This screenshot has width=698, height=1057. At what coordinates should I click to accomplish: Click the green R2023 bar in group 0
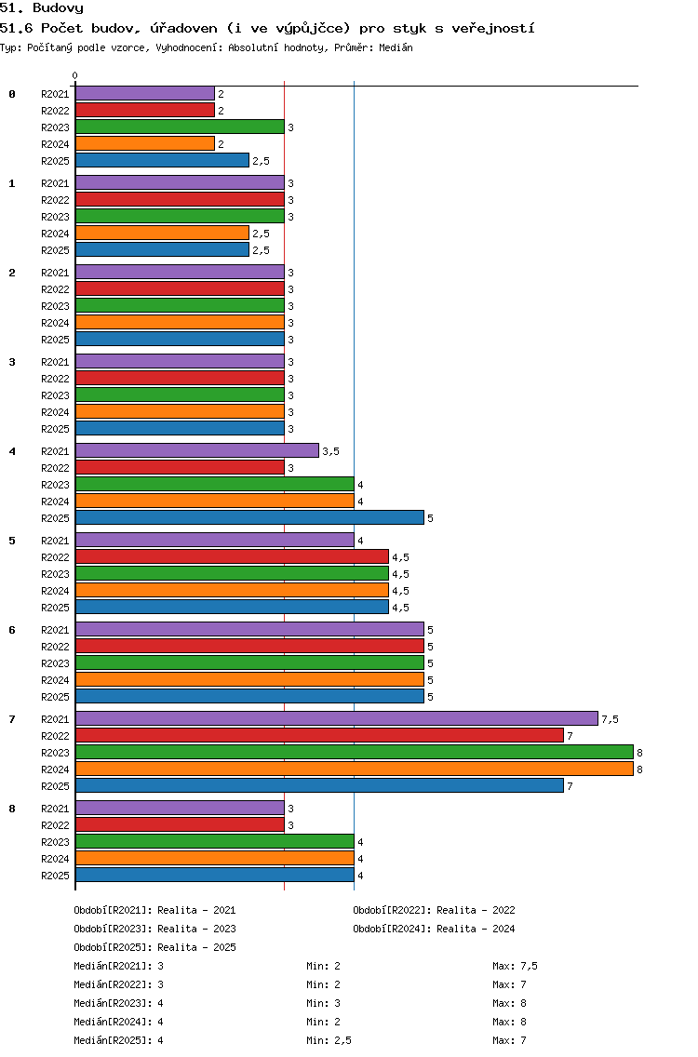point(180,127)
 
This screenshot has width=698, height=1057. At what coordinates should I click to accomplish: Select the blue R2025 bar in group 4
point(249,517)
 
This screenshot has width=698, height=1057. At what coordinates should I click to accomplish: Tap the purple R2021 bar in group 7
point(337,718)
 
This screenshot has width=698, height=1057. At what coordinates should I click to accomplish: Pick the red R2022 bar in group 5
point(232,556)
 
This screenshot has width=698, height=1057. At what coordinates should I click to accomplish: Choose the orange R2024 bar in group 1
point(163,234)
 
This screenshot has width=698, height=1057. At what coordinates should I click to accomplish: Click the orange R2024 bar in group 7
point(354,769)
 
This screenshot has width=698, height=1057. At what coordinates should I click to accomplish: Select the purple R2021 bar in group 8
point(180,808)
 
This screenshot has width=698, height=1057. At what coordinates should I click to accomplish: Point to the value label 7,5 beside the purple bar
point(610,719)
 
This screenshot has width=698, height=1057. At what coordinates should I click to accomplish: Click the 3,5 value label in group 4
point(330,451)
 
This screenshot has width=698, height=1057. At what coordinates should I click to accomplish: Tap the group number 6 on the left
point(12,630)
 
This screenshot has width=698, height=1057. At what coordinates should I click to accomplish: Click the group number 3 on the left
point(12,362)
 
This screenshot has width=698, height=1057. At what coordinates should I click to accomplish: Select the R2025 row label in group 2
point(55,340)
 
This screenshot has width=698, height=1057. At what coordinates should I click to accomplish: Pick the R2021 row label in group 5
point(55,541)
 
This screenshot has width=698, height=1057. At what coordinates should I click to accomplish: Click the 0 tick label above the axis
point(74,75)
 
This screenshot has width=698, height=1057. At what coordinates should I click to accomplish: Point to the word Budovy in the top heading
point(58,8)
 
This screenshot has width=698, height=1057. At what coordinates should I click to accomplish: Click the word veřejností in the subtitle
point(493,28)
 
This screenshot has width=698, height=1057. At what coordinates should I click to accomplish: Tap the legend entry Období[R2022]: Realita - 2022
point(434,910)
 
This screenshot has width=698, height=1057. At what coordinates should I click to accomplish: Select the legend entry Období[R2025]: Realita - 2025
point(154,947)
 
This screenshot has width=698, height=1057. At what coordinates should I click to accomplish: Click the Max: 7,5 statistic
point(516,966)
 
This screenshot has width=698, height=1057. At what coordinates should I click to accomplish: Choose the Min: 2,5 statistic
point(329,1040)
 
